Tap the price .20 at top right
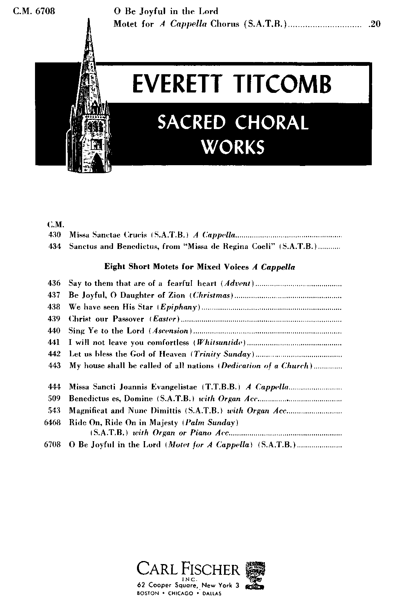[375, 24]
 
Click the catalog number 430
[55, 235]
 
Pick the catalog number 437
[55, 295]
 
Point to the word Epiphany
[178, 307]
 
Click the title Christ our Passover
[107, 319]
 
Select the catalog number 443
[55, 366]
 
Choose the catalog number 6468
[53, 422]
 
